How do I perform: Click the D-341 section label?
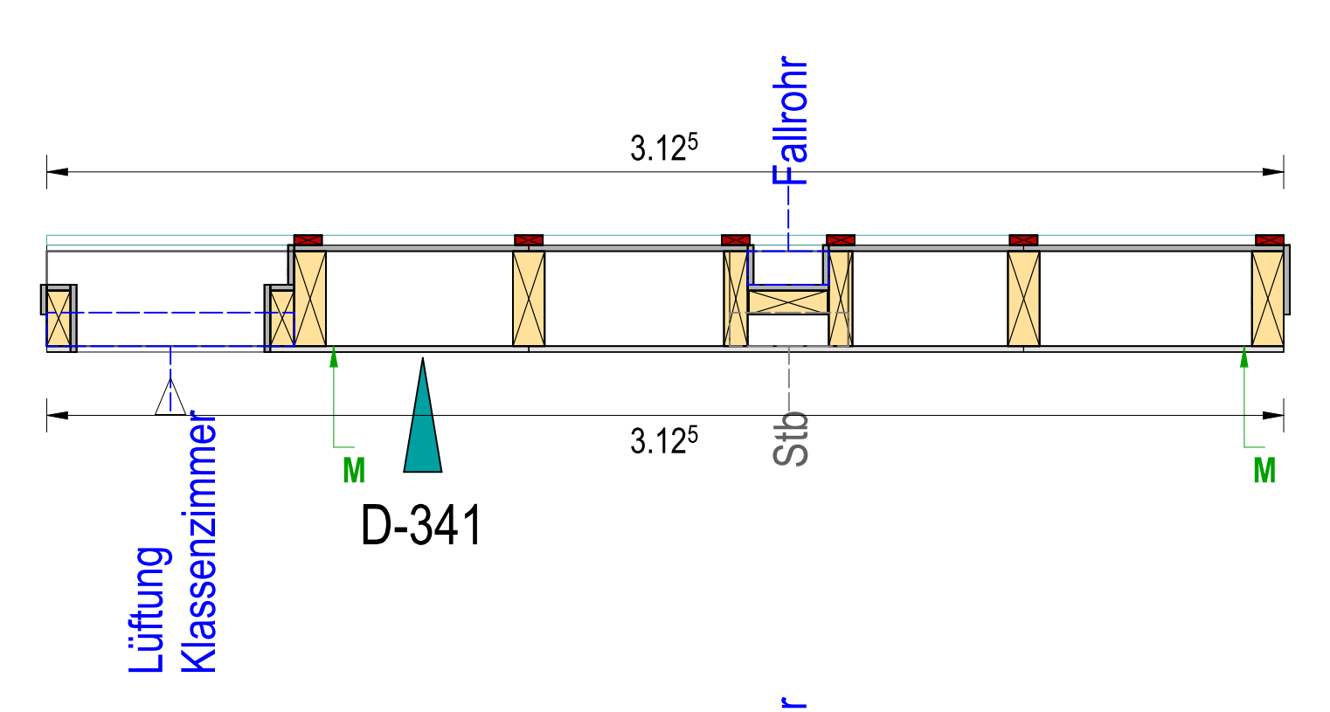[421, 525]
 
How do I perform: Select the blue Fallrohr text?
[790, 121]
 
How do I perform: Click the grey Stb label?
[790, 439]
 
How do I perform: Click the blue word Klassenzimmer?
[198, 542]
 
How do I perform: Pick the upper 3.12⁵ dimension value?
[664, 148]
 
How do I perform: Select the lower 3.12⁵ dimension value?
[664, 440]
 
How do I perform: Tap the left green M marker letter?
[354, 471]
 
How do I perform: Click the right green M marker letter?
[1264, 471]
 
